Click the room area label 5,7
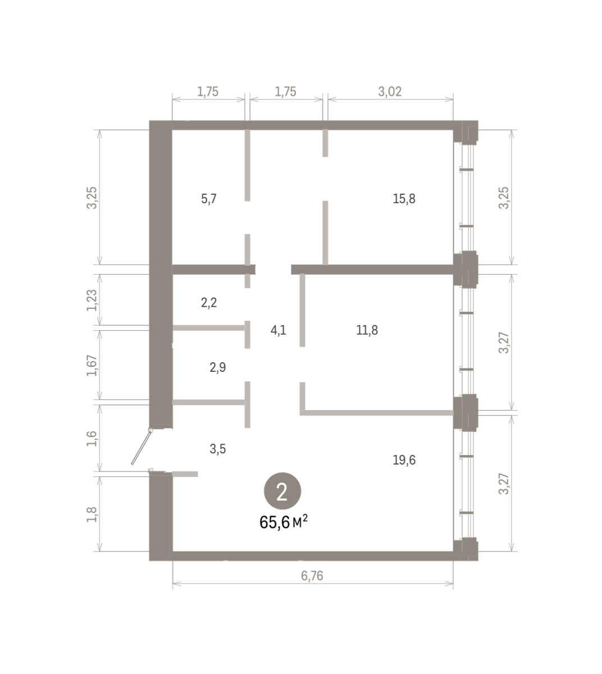click(x=208, y=199)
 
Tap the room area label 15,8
click(x=404, y=199)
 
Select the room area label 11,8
click(x=367, y=330)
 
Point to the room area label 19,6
click(x=404, y=460)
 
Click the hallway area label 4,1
click(x=278, y=330)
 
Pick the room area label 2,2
click(x=208, y=303)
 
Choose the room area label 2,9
click(x=217, y=367)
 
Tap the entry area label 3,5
click(x=217, y=449)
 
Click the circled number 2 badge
click(x=282, y=491)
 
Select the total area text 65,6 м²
click(x=284, y=522)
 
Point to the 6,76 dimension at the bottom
click(x=312, y=576)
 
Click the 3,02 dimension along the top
click(x=390, y=92)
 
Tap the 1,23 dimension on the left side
click(x=92, y=300)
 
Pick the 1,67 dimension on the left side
click(x=92, y=366)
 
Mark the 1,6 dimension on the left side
click(x=92, y=439)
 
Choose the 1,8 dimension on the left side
click(x=92, y=514)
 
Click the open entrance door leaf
click(x=141, y=447)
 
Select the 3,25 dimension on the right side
click(x=504, y=198)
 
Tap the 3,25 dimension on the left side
click(x=92, y=198)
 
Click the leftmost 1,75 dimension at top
click(x=208, y=92)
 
